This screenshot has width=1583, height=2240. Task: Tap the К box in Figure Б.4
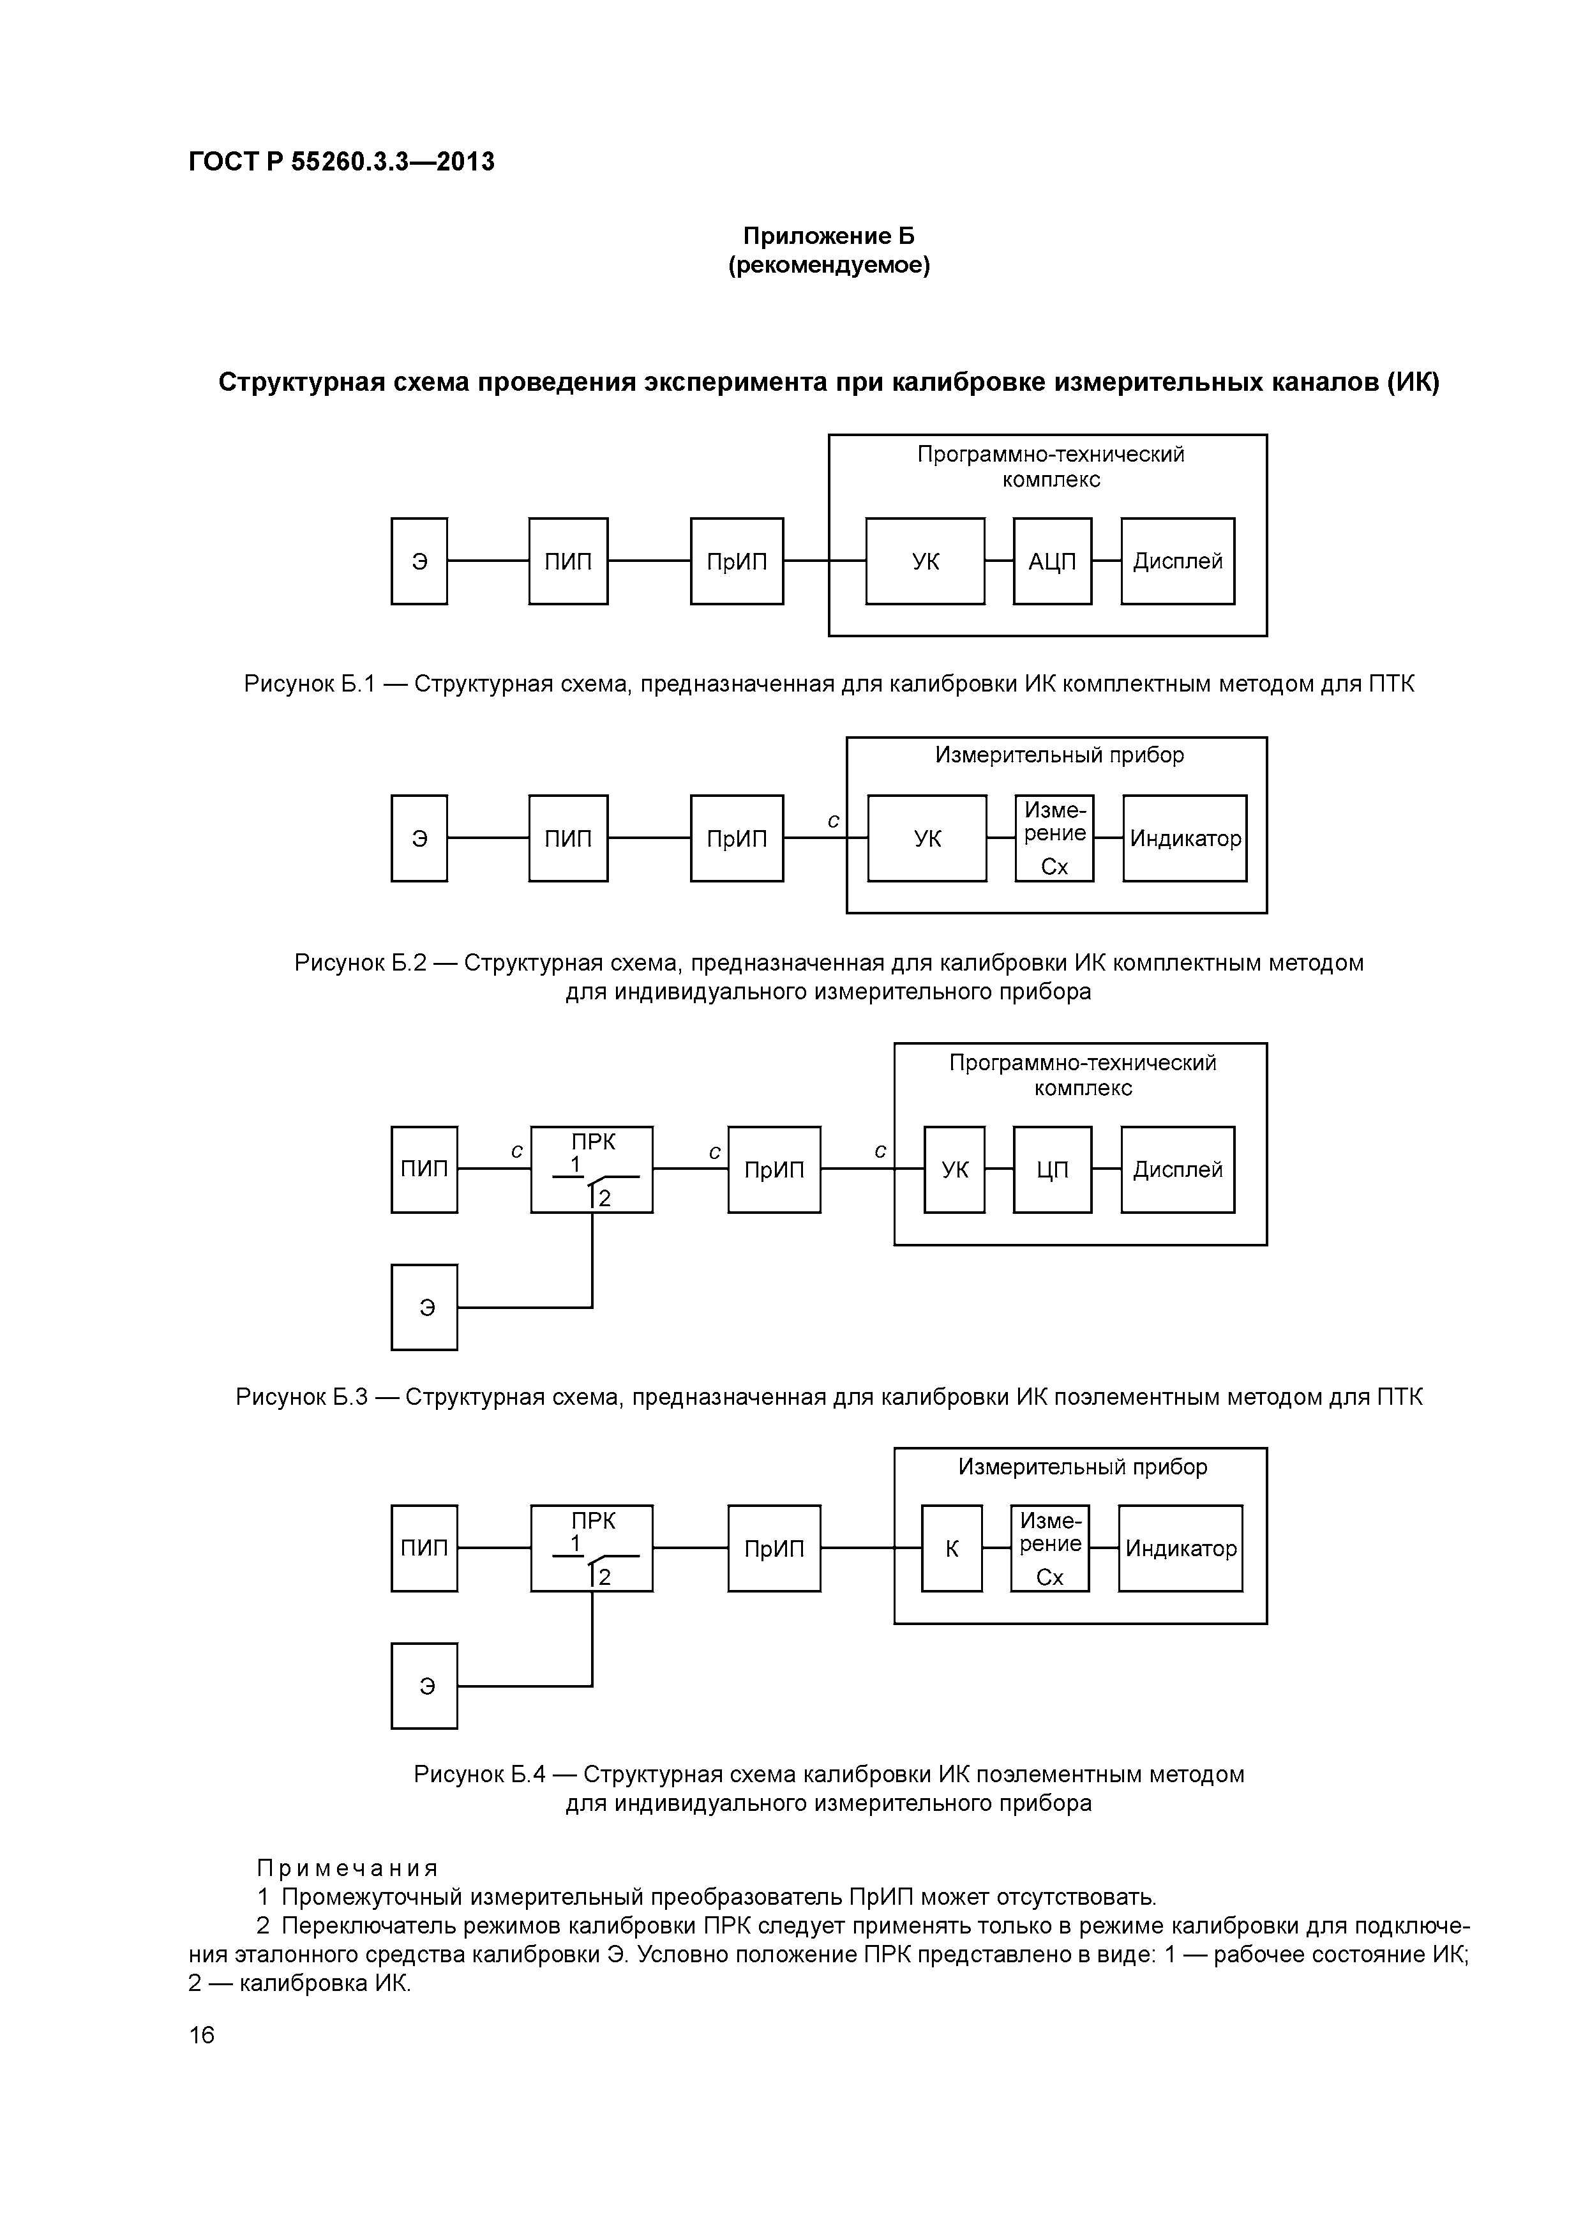tap(951, 1548)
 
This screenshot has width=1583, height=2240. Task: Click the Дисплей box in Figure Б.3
tap(1177, 1170)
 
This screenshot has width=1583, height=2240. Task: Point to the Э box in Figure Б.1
tap(419, 561)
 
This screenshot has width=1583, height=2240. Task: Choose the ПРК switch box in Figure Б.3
tap(592, 1170)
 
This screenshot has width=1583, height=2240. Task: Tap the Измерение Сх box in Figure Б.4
tap(1049, 1548)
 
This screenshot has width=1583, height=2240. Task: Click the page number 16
tap(202, 2035)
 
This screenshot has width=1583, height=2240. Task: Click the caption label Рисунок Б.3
tap(301, 1397)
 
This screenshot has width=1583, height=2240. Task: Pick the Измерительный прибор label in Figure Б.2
tap(1059, 755)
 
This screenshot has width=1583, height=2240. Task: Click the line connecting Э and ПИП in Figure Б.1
tap(488, 561)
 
